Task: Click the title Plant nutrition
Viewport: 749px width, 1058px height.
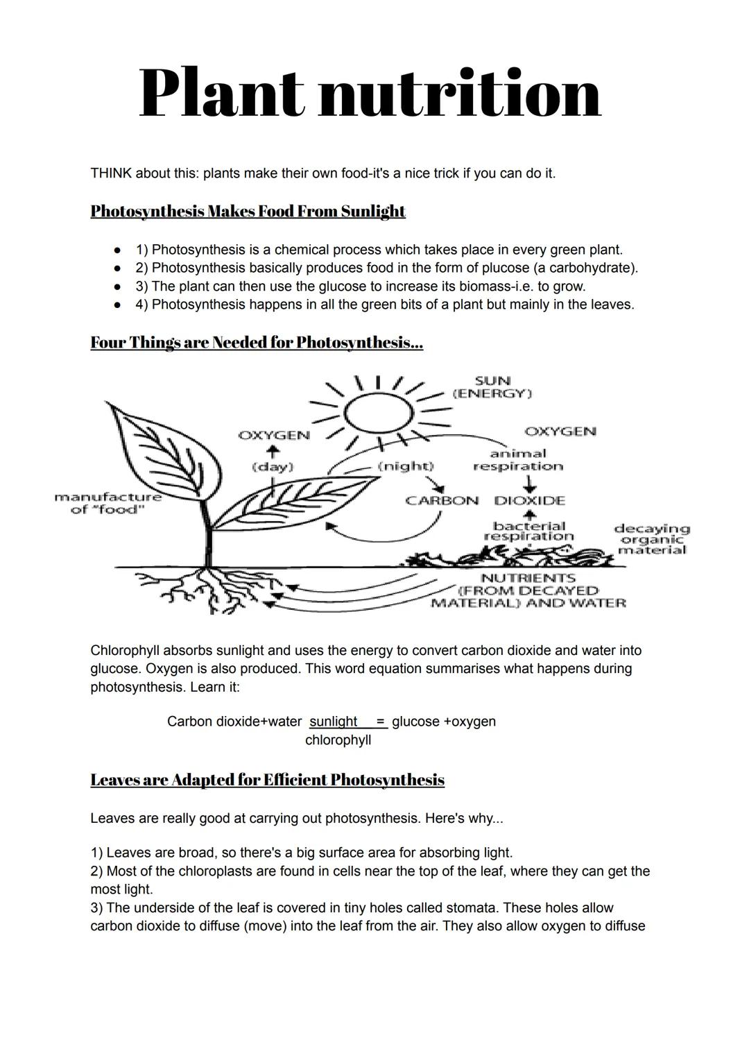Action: click(370, 94)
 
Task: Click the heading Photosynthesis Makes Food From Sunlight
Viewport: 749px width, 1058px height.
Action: click(248, 211)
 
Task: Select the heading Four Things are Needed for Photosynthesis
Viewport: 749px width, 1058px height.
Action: click(257, 343)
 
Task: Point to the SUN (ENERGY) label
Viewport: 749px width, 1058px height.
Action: click(492, 387)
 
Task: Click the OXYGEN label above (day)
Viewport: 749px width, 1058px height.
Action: click(273, 435)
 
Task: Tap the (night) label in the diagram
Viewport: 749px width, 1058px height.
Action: click(406, 466)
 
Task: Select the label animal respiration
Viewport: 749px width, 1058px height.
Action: click(518, 460)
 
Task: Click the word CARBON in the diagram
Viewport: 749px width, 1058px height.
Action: click(442, 500)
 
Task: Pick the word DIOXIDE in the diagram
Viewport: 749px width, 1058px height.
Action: click(530, 500)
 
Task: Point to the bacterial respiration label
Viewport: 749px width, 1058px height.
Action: click(529, 531)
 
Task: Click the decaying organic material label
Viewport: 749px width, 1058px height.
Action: click(652, 540)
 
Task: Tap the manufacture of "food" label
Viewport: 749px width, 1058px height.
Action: click(107, 504)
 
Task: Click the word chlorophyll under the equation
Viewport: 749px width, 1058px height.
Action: click(338, 740)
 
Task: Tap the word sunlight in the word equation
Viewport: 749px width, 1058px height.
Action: click(334, 722)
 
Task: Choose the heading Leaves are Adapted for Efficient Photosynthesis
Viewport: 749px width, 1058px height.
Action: click(267, 780)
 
